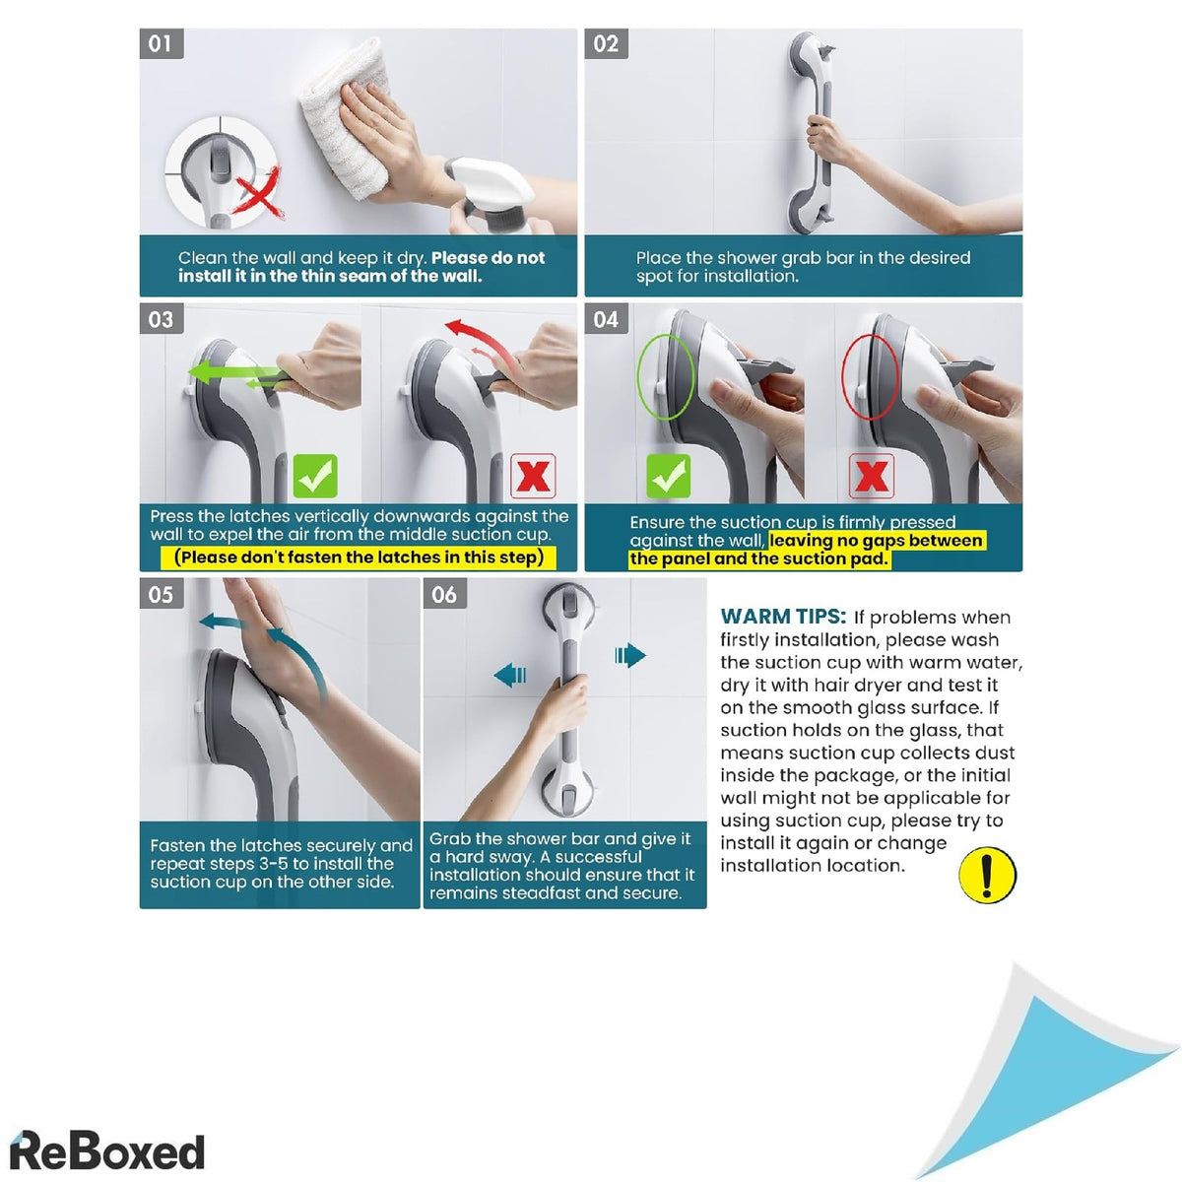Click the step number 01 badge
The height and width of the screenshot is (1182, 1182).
click(x=162, y=44)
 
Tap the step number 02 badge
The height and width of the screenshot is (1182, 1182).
click(x=606, y=44)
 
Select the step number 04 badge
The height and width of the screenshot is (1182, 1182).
click(x=606, y=319)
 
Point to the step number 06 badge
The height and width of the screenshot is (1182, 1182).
click(x=444, y=594)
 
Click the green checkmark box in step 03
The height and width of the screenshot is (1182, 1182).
click(x=315, y=476)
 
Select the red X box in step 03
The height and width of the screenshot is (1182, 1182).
click(x=533, y=476)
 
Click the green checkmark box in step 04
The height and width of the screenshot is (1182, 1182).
click(x=668, y=476)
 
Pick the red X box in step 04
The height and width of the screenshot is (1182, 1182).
click(x=871, y=476)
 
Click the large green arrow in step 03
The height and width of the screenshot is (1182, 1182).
click(x=233, y=372)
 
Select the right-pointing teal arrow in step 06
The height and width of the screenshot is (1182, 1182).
click(x=630, y=655)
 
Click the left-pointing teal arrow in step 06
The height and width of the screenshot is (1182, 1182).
click(x=509, y=676)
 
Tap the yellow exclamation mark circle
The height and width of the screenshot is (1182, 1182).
click(x=987, y=875)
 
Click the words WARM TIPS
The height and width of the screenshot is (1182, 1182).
click(x=783, y=616)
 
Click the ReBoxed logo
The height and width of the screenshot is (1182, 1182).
click(x=107, y=1150)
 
